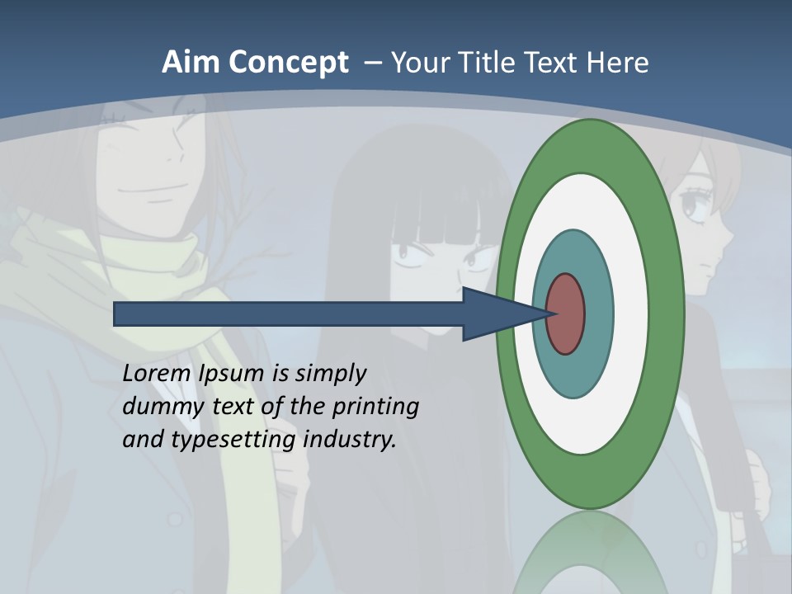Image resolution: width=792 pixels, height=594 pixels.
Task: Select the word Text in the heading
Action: pyautogui.click(x=554, y=63)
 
